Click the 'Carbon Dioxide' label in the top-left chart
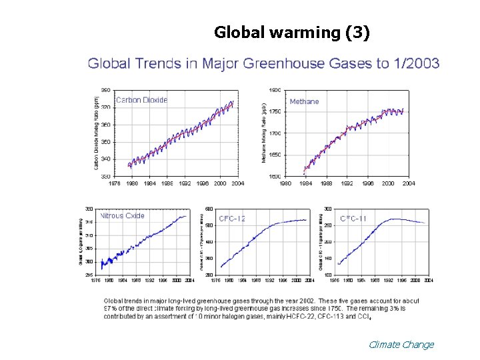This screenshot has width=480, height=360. coord(141,100)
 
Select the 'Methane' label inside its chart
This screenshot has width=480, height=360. coord(304,101)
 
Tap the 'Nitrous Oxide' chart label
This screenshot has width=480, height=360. coord(122,216)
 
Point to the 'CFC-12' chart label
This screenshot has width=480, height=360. coord(232,219)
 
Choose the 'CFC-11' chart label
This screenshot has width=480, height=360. coord(353,218)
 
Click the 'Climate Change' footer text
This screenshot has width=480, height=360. coord(401,345)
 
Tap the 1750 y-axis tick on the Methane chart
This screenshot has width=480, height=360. coord(274,112)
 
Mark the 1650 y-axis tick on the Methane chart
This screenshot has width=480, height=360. coord(274,155)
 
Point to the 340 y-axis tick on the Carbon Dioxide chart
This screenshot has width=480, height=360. coord(106,159)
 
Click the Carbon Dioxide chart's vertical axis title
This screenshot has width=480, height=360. coord(97,133)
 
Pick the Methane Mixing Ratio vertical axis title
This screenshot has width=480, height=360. coord(264,133)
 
